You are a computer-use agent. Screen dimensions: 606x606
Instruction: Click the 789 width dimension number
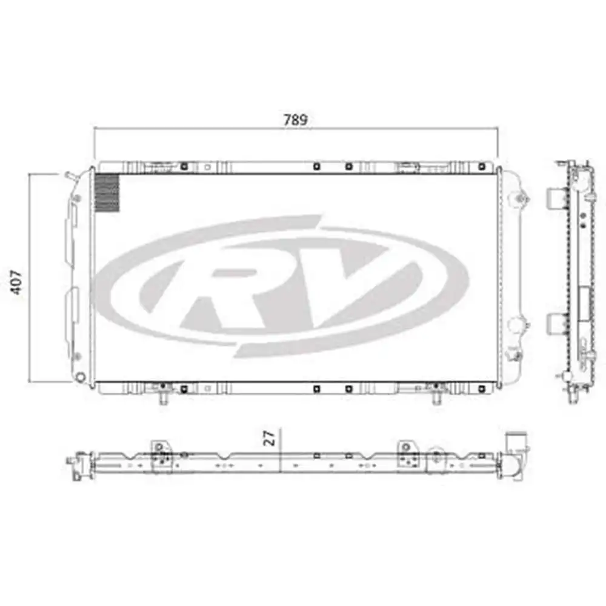coord(295,119)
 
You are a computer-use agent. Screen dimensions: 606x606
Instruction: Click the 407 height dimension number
coord(18,282)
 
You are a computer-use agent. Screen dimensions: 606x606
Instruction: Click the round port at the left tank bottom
coord(80,377)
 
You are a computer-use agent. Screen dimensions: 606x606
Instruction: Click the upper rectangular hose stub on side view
coord(556,197)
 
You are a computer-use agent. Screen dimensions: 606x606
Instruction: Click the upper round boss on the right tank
coord(519,198)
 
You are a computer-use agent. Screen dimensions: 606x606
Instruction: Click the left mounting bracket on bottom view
coord(161,454)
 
